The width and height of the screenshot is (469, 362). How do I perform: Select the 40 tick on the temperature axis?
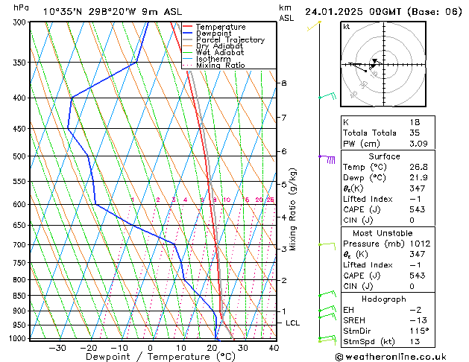274,348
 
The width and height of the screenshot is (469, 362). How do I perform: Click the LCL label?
293,323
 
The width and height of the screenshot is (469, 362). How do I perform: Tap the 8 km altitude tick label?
283,83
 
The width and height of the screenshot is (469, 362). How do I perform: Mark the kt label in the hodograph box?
347,26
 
